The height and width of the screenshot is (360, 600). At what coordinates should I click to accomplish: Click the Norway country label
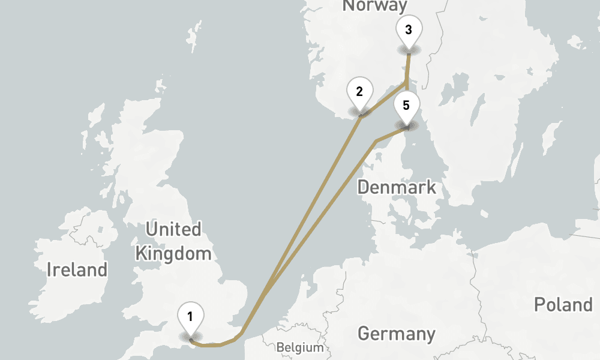coord(374,6)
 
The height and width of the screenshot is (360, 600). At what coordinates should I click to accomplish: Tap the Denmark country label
coord(397,187)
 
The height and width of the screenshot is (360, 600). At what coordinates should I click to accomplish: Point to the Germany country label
coord(396,334)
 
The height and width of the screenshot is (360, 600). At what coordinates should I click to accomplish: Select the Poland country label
coord(563,305)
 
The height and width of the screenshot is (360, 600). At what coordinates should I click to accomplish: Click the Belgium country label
coord(299,347)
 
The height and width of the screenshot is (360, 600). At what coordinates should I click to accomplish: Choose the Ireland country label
coord(77,270)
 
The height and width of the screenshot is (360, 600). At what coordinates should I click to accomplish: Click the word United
coord(173,229)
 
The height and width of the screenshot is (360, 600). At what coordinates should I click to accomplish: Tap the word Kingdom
coord(173,253)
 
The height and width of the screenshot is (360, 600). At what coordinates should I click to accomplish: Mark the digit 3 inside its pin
coord(409,29)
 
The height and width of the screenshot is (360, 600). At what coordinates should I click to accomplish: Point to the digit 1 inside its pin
coord(190,316)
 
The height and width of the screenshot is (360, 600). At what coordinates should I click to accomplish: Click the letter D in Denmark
coord(363,187)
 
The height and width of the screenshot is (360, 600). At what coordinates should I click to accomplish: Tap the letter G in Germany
coord(364,334)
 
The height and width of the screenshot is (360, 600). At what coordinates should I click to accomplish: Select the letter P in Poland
coord(539,305)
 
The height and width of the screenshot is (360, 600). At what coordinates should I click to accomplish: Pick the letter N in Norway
coord(347,6)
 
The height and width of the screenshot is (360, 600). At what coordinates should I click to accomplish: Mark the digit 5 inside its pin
coord(406,106)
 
